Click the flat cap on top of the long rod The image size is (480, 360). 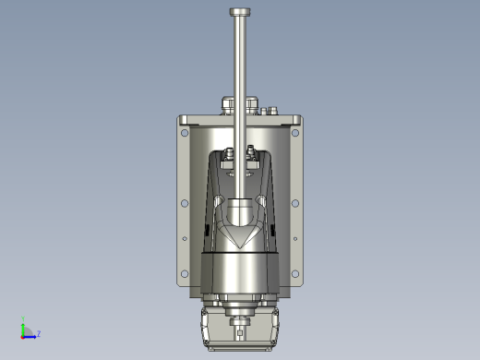tap(240, 12)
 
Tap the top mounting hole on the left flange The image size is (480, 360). tap(185, 133)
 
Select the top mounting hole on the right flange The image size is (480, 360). tap(295, 133)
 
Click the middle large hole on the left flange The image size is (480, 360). tap(185, 203)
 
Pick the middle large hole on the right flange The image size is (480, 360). tap(295, 203)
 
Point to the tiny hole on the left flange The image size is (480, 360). tap(185, 238)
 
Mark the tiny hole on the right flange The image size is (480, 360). tap(295, 238)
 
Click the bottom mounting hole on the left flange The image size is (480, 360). tap(185, 273)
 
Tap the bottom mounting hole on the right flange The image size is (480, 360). tap(295, 273)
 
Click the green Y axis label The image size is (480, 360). tap(23, 318)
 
